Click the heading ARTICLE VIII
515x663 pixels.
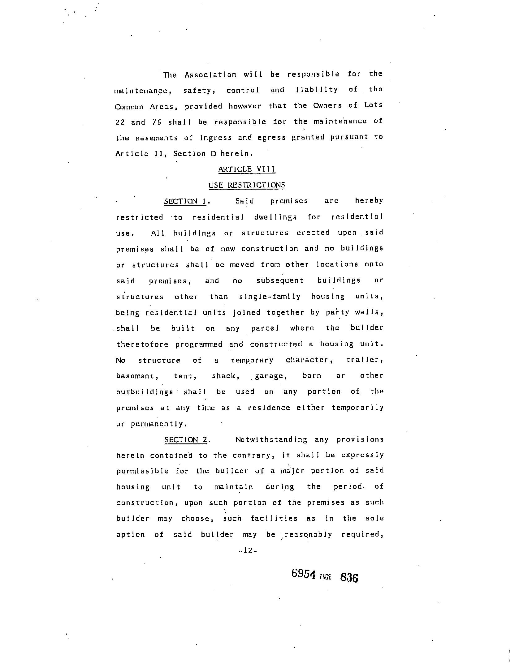pos(247,169)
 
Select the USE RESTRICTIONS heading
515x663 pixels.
pos(247,185)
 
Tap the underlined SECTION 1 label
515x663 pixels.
pos(185,201)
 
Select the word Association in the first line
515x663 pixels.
pos(210,75)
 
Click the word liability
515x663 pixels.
pos(317,90)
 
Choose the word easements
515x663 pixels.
pos(157,138)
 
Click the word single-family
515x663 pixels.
pos(270,297)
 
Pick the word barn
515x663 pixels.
pos(312,376)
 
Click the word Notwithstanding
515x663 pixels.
pos(267,440)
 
